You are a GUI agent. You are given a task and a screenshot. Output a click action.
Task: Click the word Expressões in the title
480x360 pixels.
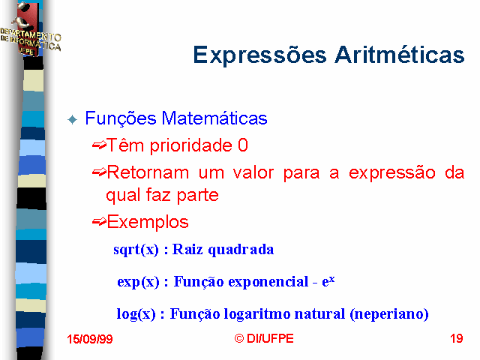pyautogui.click(x=260, y=55)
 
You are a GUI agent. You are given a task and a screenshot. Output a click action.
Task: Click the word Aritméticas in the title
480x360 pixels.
pyautogui.click(x=400, y=55)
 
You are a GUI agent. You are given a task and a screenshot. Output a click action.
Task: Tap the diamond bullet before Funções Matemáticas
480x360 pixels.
pyautogui.click(x=73, y=119)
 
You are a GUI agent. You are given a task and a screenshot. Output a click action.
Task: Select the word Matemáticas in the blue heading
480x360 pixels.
pyautogui.click(x=214, y=118)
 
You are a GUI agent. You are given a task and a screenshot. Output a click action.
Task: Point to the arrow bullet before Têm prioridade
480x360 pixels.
pyautogui.click(x=99, y=145)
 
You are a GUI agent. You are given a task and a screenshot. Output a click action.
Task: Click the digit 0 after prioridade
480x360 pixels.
pyautogui.click(x=243, y=145)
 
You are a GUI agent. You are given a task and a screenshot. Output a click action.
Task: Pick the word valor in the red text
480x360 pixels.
pyautogui.click(x=253, y=172)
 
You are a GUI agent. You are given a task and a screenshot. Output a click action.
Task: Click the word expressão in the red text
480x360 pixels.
pyautogui.click(x=392, y=172)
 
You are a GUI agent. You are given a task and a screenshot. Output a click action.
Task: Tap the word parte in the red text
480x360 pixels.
pyautogui.click(x=198, y=195)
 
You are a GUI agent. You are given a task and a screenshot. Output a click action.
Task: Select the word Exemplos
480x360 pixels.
pyautogui.click(x=148, y=222)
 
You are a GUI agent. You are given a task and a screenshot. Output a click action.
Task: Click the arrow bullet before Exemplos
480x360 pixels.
pyautogui.click(x=99, y=222)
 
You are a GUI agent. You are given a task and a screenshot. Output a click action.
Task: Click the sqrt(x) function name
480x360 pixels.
pyautogui.click(x=136, y=250)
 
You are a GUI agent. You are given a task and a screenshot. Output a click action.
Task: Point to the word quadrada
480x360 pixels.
pyautogui.click(x=241, y=249)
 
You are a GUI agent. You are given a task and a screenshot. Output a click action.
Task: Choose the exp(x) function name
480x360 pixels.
pyautogui.click(x=138, y=282)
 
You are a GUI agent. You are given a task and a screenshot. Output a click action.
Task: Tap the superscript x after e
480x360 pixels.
pyautogui.click(x=331, y=279)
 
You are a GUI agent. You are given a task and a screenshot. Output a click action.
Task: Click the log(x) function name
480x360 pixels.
pyautogui.click(x=136, y=314)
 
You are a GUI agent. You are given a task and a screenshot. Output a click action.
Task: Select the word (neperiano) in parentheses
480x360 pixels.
pyautogui.click(x=389, y=314)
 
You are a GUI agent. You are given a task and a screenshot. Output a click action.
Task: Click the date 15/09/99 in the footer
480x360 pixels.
pyautogui.click(x=90, y=339)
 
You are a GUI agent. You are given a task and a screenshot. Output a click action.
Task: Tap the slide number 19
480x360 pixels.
pyautogui.click(x=457, y=338)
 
